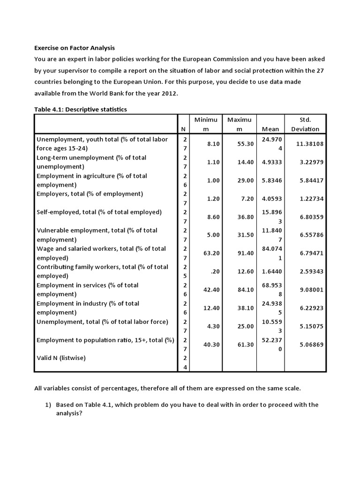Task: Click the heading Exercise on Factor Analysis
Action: tap(75, 48)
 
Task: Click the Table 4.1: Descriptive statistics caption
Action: tap(81, 109)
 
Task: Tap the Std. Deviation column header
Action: tap(305, 124)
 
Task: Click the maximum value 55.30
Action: tap(245, 144)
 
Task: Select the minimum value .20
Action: tap(210, 271)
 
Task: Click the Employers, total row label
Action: tap(90, 194)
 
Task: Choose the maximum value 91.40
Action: tap(245, 253)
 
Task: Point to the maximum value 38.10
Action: tap(245, 308)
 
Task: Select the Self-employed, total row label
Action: tap(99, 212)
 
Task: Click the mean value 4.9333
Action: tap(272, 162)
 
